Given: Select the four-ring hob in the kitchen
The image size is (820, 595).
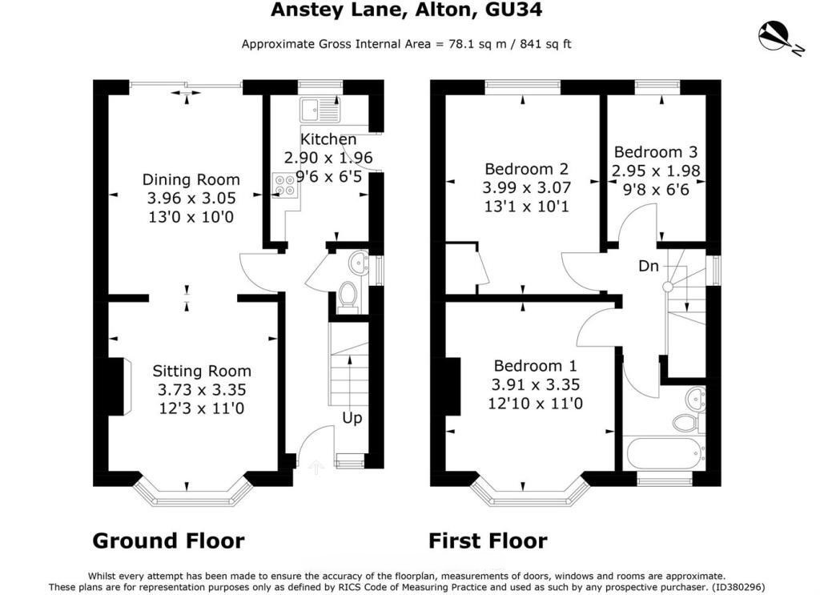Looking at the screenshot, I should [284, 186].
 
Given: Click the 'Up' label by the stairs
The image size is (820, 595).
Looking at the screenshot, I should [352, 418].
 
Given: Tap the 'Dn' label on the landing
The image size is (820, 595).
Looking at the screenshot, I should [649, 266].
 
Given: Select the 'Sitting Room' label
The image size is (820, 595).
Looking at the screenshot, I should [202, 371].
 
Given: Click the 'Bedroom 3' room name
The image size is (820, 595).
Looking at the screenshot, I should [656, 152].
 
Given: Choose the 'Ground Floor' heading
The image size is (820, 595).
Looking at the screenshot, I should [168, 541].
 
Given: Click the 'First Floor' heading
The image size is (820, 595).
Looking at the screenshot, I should [488, 541].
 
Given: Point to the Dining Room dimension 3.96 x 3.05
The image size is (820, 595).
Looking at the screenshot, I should [191, 198].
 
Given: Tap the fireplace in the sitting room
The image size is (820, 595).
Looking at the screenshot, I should [118, 387].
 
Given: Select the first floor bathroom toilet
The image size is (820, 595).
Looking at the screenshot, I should [685, 422].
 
